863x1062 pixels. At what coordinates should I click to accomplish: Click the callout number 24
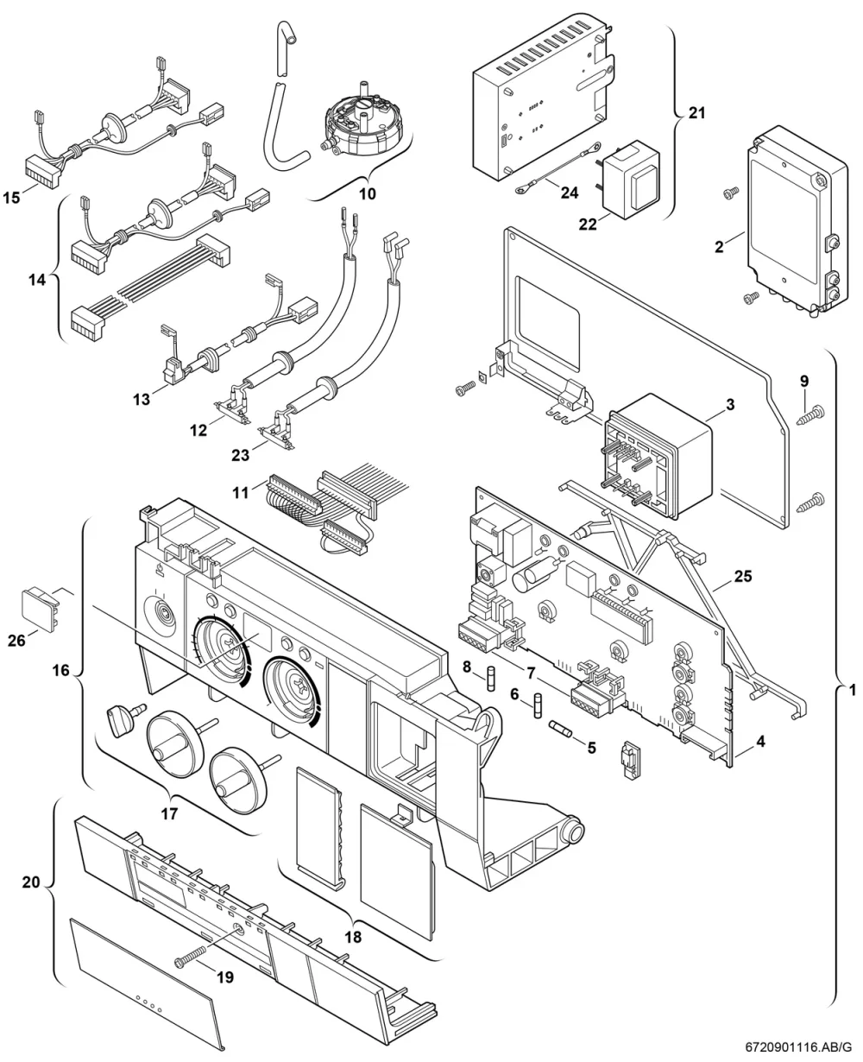[x=570, y=193]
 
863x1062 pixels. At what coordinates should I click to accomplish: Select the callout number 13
[x=142, y=400]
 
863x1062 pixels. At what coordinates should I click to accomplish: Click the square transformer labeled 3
[x=658, y=456]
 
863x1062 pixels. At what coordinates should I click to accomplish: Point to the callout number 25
[x=743, y=576]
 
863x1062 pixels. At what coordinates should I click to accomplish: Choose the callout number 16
[x=60, y=670]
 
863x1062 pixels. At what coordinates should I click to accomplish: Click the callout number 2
[x=719, y=246]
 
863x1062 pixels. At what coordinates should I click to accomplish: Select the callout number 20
[x=31, y=882]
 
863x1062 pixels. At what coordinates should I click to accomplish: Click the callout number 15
[x=11, y=198]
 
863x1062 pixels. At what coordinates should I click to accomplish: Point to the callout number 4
[x=760, y=742]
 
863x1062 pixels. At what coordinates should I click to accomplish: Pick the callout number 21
[x=696, y=113]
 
